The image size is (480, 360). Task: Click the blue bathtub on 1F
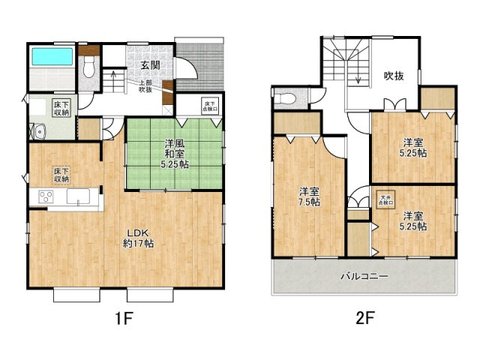(x=51, y=57)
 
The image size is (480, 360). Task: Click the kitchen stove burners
(x=45, y=198)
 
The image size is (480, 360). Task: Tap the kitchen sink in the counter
(x=77, y=197)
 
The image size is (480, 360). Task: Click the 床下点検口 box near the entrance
(x=211, y=106)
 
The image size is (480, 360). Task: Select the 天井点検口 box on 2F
(x=384, y=199)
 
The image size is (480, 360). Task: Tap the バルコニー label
(x=364, y=277)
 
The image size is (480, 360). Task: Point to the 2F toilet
(x=284, y=98)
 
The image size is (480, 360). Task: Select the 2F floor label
(x=364, y=318)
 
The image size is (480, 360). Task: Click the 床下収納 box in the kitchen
(x=61, y=175)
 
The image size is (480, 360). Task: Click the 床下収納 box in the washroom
(x=61, y=107)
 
